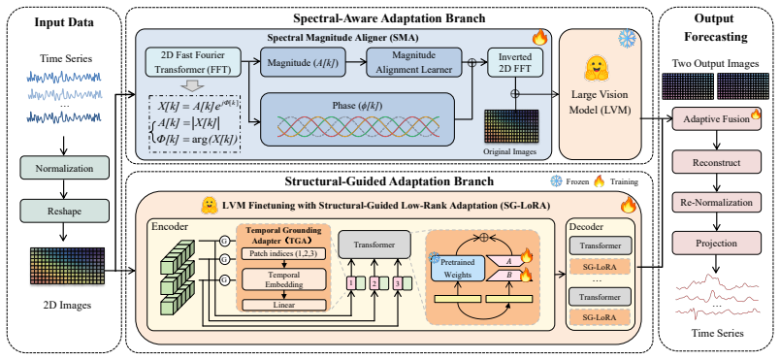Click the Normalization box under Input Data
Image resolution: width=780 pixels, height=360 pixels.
64,168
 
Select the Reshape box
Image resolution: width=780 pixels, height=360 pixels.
64,211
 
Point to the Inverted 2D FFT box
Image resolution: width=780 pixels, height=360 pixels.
515,62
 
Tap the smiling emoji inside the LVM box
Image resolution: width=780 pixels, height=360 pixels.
595,68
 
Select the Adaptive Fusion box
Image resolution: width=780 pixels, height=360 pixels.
717,118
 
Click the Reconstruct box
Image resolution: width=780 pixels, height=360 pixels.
716,163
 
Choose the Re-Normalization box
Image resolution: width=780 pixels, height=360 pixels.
716,203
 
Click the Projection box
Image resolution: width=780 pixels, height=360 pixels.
716,244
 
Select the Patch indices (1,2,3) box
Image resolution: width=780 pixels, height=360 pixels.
283,254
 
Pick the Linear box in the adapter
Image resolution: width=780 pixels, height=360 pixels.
283,305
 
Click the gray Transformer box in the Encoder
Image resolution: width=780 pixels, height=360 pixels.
374,245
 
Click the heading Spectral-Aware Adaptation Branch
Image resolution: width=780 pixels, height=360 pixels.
389,18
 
